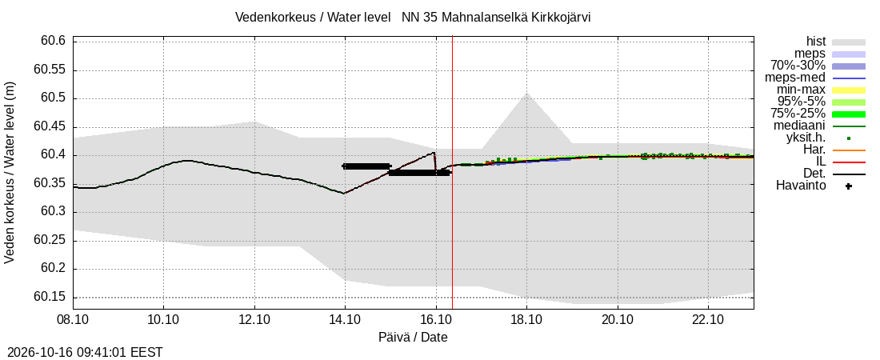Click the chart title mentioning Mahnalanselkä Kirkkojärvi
(413, 18)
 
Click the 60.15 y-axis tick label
(50, 297)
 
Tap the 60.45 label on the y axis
(50, 127)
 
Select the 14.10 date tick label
(345, 320)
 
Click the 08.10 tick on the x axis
(73, 320)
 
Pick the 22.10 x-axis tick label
(708, 320)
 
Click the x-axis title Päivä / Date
(413, 338)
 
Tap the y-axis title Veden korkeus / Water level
(10, 173)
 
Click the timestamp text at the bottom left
(82, 353)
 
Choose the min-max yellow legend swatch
(849, 90)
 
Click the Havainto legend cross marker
(849, 186)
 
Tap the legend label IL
(821, 162)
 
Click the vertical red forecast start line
(452, 172)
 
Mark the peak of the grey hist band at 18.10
(526, 93)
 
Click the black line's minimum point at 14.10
(345, 193)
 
